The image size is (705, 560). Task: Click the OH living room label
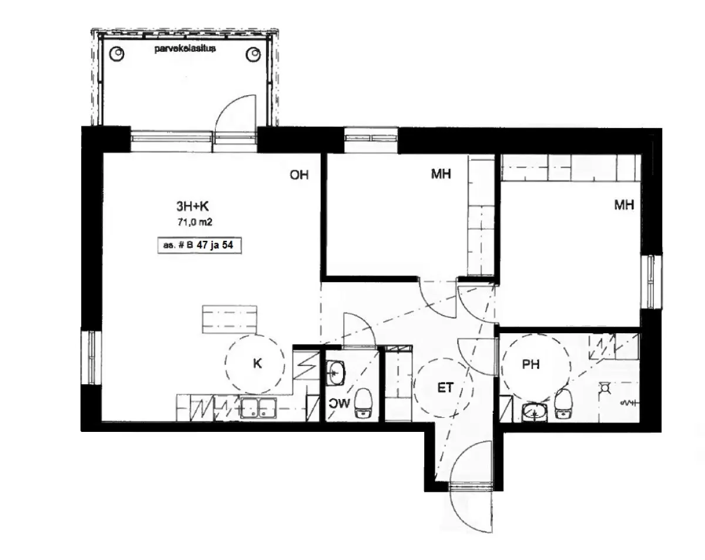299,175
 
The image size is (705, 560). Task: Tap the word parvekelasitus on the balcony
184,49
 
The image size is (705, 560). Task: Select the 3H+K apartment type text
192,206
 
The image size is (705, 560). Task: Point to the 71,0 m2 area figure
194,222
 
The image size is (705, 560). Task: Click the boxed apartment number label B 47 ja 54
199,245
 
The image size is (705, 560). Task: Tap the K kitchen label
257,363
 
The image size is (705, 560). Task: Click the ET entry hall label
445,388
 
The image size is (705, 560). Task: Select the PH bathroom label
531,364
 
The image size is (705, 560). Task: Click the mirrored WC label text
340,403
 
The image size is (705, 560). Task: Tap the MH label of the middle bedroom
441,174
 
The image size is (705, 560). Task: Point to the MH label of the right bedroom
624,205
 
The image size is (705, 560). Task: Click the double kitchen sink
258,407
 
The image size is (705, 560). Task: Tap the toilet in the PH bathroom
563,404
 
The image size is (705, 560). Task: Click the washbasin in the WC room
335,373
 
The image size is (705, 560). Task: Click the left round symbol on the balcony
117,53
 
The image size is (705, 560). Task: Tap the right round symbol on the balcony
253,55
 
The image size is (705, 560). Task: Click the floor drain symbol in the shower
605,388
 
